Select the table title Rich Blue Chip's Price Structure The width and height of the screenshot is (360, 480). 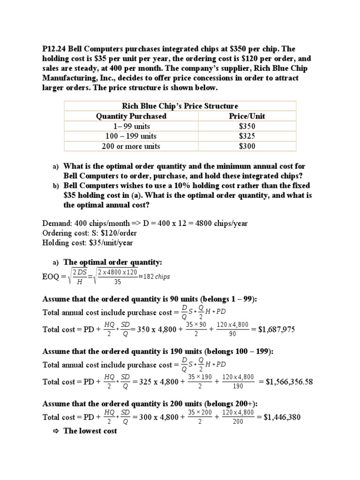click(180, 106)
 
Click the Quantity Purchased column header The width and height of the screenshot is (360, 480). click(131, 116)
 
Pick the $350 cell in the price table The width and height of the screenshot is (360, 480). click(247, 126)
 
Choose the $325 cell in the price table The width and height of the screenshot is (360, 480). click(247, 136)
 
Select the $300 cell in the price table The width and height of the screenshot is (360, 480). click(247, 146)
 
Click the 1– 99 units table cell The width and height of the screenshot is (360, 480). click(131, 126)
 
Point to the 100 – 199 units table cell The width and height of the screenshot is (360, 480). click(131, 136)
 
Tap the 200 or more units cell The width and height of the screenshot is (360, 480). click(131, 146)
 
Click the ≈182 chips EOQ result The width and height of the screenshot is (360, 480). click(154, 277)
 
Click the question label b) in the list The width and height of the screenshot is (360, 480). click(55, 186)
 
